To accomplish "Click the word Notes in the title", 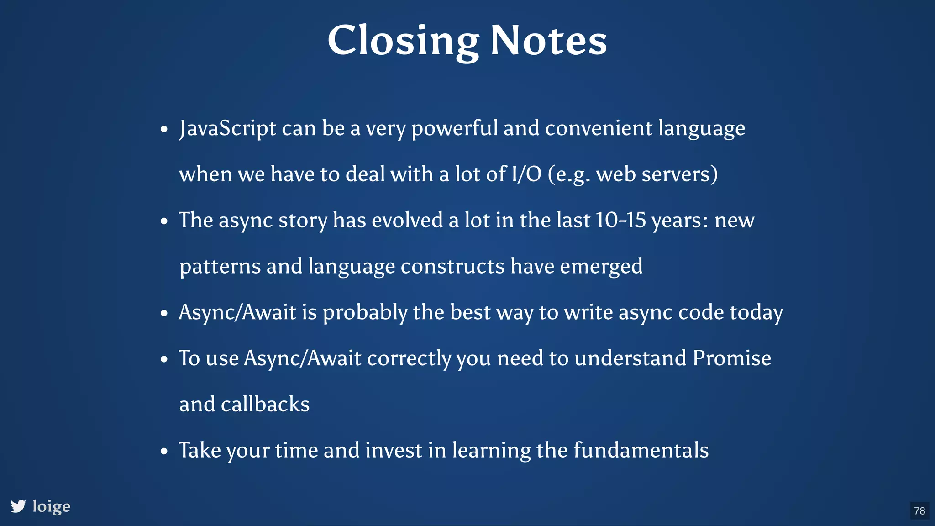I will (x=548, y=41).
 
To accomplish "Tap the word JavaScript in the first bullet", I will (x=227, y=128).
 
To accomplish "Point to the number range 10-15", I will (x=621, y=220).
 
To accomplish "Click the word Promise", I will (x=732, y=358).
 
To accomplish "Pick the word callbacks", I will (x=265, y=404).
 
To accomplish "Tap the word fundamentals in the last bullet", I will (x=641, y=450).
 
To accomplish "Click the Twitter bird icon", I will (x=18, y=506).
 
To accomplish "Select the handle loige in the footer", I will (x=52, y=506).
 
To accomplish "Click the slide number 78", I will (x=919, y=510).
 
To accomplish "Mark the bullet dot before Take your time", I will (x=164, y=452).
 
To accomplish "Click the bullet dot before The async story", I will (x=164, y=222).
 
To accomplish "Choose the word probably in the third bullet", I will (x=365, y=313).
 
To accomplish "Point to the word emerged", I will (x=601, y=266).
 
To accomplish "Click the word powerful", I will (x=454, y=128).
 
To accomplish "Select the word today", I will (x=756, y=313).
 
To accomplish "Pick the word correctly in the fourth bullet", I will (x=409, y=358).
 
